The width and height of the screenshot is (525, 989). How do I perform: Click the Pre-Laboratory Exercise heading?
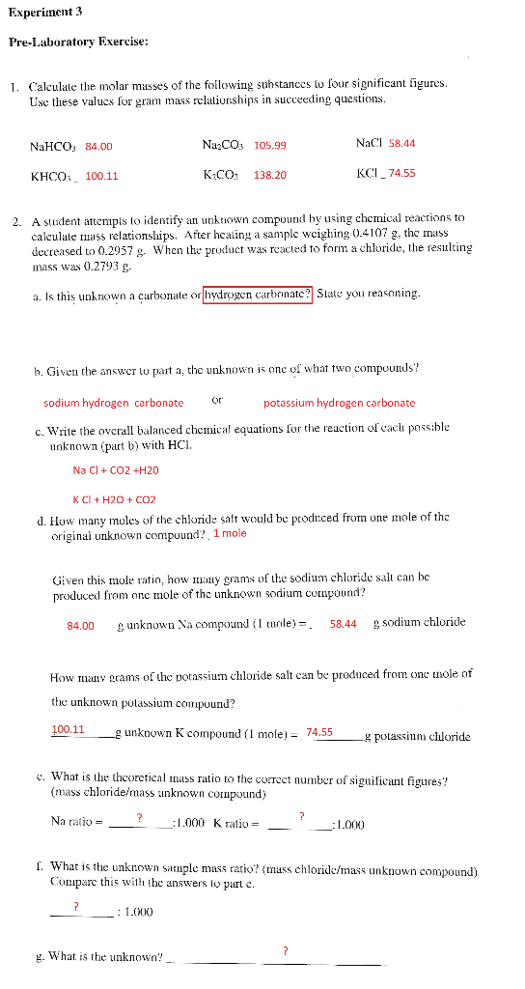tap(79, 42)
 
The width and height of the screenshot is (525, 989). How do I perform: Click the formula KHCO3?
tap(52, 177)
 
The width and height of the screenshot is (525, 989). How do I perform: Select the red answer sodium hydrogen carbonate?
tap(114, 403)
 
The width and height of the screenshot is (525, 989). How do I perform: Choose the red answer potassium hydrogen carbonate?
tap(340, 403)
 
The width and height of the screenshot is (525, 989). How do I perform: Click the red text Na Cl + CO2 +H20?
tap(116, 470)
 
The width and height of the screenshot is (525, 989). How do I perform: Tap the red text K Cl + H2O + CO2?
tap(114, 500)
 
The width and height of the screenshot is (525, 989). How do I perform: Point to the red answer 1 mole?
tap(230, 533)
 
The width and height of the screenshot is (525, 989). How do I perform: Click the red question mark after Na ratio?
tap(140, 818)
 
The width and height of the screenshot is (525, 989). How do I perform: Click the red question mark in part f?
tap(76, 905)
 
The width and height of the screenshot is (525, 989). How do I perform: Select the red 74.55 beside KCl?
tap(401, 173)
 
